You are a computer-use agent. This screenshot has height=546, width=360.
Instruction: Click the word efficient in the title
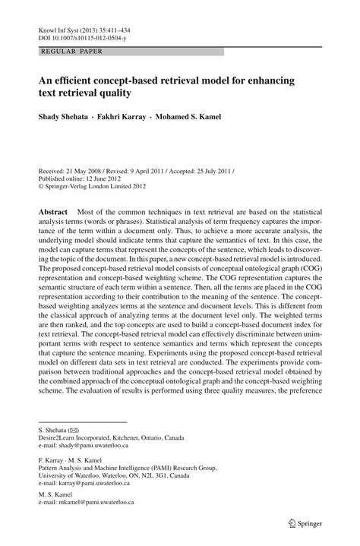(x=79, y=80)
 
